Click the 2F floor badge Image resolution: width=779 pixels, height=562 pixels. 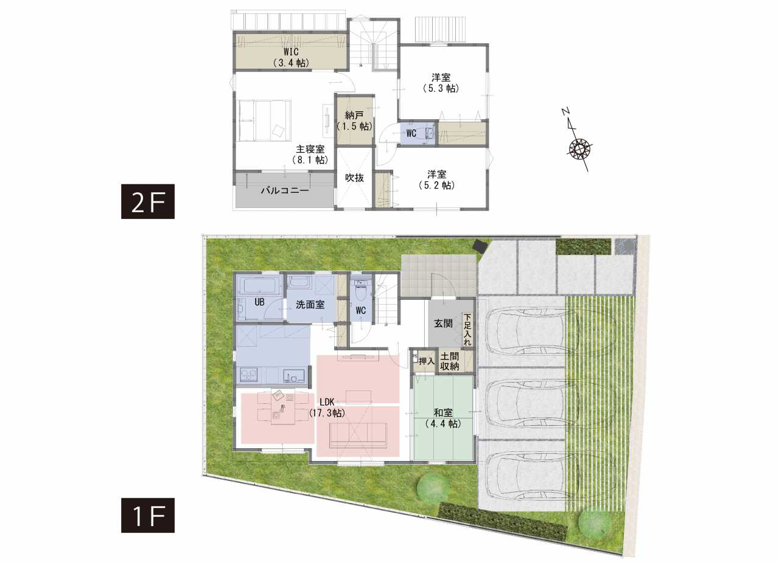click(x=148, y=201)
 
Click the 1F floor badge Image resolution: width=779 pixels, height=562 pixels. click(x=148, y=515)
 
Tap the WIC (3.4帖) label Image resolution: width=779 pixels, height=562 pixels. click(x=291, y=57)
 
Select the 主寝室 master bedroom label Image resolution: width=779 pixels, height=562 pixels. click(x=310, y=154)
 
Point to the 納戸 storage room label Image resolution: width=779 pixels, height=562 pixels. click(x=354, y=120)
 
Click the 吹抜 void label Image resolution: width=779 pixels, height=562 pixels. click(x=354, y=178)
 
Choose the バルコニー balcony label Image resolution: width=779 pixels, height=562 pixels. click(x=285, y=190)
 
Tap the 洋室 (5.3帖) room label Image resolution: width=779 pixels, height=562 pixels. click(x=441, y=83)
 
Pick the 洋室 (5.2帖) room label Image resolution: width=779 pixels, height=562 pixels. click(x=437, y=179)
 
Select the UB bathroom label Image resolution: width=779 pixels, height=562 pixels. click(x=259, y=302)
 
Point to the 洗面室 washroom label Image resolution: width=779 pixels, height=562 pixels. click(x=310, y=305)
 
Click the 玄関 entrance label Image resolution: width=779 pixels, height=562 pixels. click(x=443, y=324)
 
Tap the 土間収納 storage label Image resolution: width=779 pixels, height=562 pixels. click(x=450, y=361)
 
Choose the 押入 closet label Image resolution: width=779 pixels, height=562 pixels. click(x=427, y=361)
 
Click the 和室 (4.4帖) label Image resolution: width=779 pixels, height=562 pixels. click(x=443, y=418)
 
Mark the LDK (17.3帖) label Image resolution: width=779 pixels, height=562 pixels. click(x=327, y=408)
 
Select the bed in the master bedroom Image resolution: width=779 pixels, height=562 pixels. click(x=264, y=120)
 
